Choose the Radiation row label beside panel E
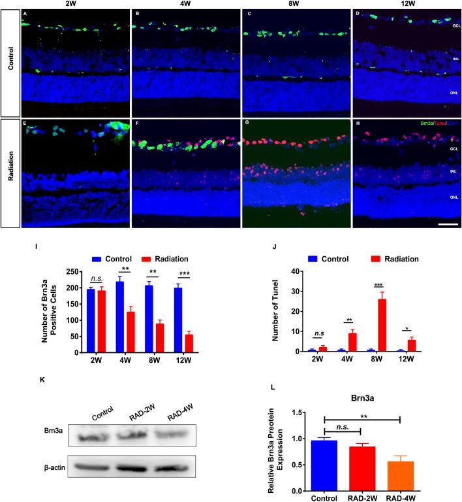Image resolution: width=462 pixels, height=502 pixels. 10,173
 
